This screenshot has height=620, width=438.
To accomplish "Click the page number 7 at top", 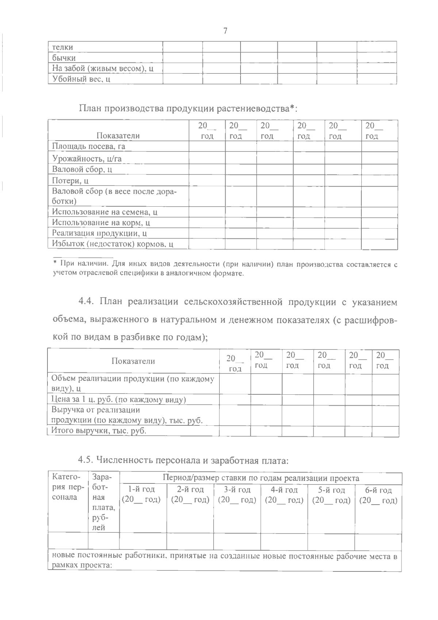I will pos(225,31).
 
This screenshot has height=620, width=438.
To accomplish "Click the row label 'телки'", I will pos(62,47).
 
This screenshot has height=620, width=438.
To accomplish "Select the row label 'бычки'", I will pos(64,58).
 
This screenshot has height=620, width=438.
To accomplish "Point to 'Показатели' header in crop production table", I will pos(118,136).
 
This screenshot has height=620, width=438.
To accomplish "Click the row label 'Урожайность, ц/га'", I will pos(87,158).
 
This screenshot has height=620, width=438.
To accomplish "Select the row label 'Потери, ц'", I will pos(70,181).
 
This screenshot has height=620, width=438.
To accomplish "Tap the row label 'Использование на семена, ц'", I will pos(105,212).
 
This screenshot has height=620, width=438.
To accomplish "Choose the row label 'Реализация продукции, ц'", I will pos(99,233).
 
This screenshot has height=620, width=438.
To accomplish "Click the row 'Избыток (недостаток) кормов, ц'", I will pos(112,244).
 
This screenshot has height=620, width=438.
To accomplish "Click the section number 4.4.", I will pos(87,302).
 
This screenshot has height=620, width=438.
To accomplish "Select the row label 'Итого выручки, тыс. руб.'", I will pos(99,430).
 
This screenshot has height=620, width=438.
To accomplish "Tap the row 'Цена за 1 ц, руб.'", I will pos(119,399).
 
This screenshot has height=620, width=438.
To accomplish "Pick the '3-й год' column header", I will pos(237,490).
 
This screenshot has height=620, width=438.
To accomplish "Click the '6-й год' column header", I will pos(379,490).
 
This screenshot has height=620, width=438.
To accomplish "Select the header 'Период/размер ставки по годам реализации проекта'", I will pos(261,478).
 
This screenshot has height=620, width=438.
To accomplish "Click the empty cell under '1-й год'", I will pos(143,541).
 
